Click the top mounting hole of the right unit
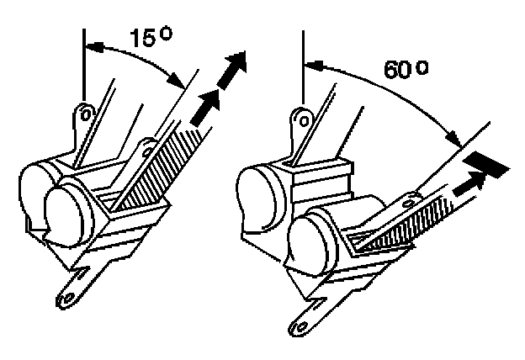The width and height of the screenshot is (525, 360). point(301,119)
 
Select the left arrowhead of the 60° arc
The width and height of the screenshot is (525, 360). point(309,61)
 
